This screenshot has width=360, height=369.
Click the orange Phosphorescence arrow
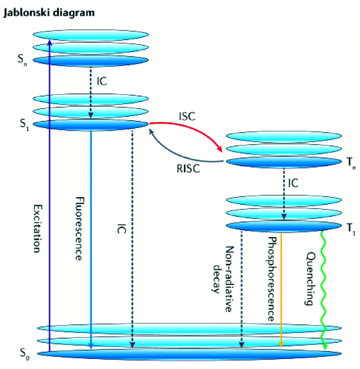pos(282,288)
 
